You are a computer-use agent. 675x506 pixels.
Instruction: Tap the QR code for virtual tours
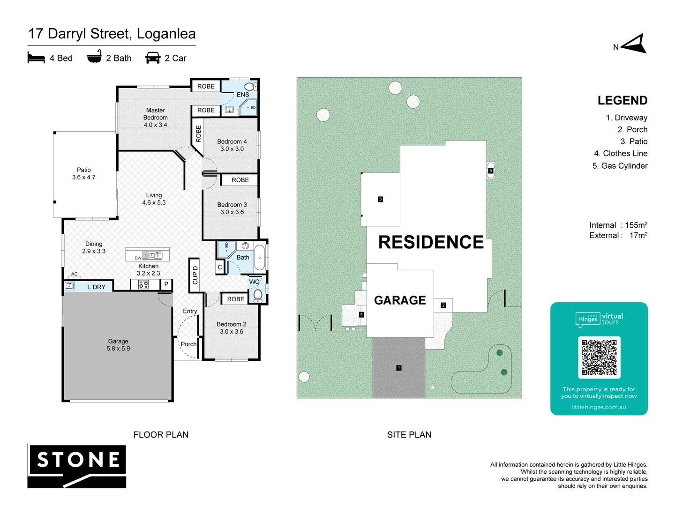click(x=599, y=357)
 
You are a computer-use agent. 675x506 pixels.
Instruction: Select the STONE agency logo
click(x=77, y=466)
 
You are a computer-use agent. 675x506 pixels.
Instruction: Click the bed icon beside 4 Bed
click(x=36, y=58)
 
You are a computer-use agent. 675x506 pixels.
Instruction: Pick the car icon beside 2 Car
click(x=153, y=58)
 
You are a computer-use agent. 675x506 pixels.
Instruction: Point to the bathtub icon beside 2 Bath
click(x=94, y=58)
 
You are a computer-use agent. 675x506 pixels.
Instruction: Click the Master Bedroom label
click(x=155, y=118)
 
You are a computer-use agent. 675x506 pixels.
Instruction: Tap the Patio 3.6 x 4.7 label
click(x=84, y=173)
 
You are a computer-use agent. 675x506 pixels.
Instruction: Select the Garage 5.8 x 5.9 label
click(x=118, y=345)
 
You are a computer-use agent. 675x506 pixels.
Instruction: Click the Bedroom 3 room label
click(x=232, y=208)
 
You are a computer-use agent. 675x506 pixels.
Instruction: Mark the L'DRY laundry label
click(x=97, y=287)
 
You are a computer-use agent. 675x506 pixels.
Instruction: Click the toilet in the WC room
click(x=257, y=294)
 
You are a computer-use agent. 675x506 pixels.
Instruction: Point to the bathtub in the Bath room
click(x=259, y=258)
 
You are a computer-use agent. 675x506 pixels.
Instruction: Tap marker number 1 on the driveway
click(x=399, y=368)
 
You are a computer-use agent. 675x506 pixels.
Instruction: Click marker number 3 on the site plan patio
click(x=380, y=199)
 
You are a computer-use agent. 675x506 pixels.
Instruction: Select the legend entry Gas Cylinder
click(x=620, y=166)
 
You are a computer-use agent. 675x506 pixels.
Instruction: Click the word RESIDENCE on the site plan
click(x=431, y=242)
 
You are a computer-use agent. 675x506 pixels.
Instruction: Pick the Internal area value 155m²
click(x=636, y=225)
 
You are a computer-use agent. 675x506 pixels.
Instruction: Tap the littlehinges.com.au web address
click(x=599, y=407)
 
